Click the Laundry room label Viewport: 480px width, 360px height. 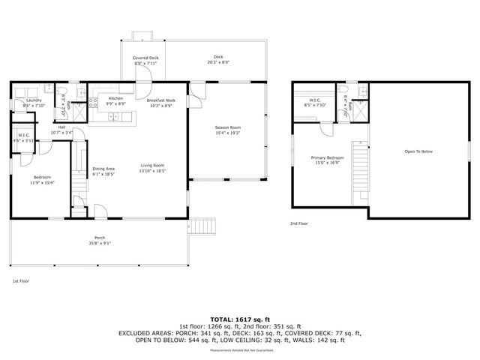click(34, 100)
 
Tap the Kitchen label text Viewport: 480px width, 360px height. click(115, 99)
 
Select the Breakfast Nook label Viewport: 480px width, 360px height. click(160, 100)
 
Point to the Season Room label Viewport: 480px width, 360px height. click(227, 128)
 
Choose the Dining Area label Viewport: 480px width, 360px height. click(103, 169)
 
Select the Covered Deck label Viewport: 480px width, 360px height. click(145, 58)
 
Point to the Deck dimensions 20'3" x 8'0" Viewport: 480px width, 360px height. click(218, 63)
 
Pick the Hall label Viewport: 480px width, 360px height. click(61, 128)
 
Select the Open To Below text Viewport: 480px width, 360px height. click(418, 151)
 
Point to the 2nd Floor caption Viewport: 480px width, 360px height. click(298, 223)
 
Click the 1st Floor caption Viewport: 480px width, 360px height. click(20, 280)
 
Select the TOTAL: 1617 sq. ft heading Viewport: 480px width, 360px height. click(239, 318)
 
